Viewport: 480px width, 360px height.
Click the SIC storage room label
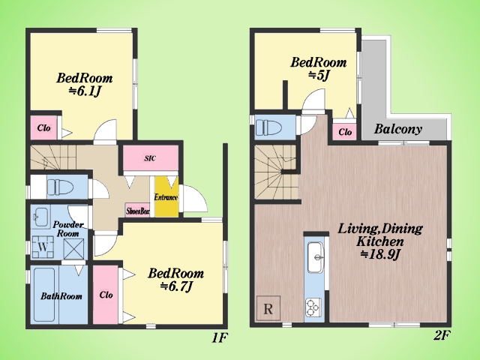pos(150,158)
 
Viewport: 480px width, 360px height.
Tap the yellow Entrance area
pos(166,196)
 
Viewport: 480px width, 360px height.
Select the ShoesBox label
pos(138,211)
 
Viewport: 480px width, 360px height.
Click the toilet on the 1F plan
pos(60,187)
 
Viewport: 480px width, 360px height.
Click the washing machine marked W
pos(43,247)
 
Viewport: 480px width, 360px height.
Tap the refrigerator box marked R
pos(268,308)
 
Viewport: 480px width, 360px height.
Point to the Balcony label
pos(398,129)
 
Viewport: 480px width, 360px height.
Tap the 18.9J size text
pos(380,254)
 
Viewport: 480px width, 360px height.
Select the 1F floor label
pos(220,337)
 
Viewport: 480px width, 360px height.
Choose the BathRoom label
pos(61,296)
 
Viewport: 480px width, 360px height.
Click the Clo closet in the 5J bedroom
pos(345,132)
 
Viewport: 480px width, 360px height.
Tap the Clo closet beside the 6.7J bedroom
pos(106,295)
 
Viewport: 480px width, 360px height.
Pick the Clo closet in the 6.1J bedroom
pos(43,127)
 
